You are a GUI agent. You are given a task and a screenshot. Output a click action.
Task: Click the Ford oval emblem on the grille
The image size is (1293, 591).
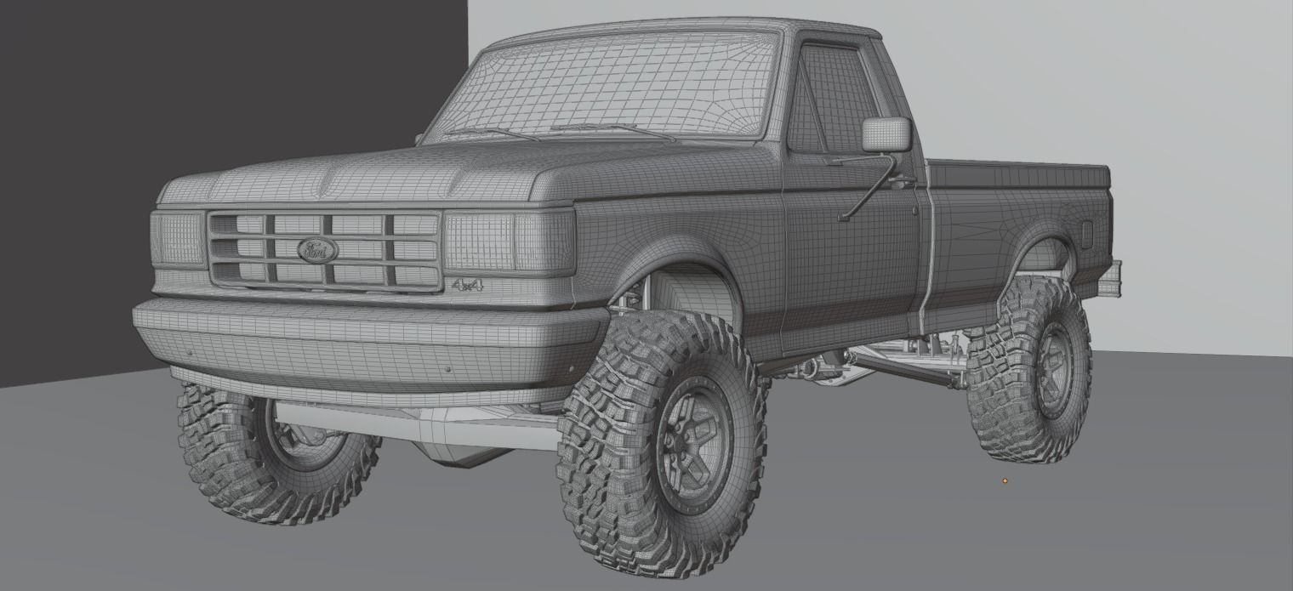(317, 249)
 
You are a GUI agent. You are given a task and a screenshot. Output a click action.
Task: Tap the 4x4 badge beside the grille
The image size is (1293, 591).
(467, 285)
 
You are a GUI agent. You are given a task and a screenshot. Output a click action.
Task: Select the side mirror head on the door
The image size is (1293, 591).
(886, 135)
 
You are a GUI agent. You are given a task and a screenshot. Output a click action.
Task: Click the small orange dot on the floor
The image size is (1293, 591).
(1005, 481)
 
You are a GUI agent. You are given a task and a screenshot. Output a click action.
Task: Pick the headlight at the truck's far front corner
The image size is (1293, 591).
(178, 238)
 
